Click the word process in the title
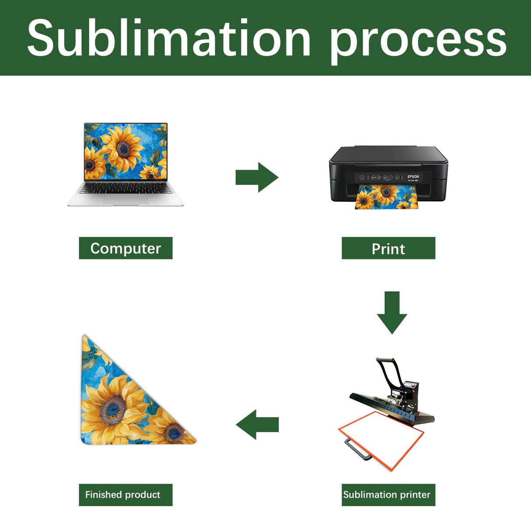418,40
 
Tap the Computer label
126,248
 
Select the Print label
388,248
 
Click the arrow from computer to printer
257,177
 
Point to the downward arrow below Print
392,312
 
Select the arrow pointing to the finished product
257,424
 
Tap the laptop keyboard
126,188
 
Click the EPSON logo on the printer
413,177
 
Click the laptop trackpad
126,199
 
